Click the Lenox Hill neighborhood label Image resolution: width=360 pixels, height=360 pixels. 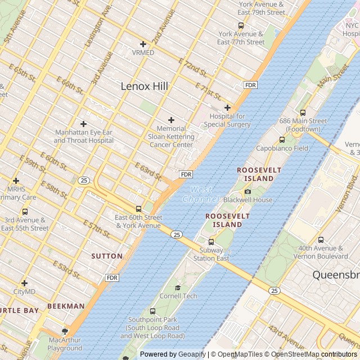tap(145, 86)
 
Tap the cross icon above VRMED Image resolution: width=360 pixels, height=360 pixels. tap(143, 44)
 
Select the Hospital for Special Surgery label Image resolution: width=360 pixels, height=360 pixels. tap(227, 120)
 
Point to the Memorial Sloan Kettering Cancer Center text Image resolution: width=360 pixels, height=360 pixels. tap(172, 137)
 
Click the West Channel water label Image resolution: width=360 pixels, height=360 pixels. tap(201, 195)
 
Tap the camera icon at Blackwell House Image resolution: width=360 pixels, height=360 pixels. tap(247, 191)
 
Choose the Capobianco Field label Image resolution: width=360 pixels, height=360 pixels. tap(282, 148)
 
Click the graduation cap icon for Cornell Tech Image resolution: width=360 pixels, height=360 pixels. tap(178, 287)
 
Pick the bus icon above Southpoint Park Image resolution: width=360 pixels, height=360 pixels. tap(152, 311)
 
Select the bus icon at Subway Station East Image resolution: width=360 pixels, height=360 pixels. tap(211, 242)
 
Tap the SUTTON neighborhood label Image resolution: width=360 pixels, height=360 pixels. tap(107, 256)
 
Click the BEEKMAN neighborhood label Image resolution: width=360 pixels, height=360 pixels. tap(66, 306)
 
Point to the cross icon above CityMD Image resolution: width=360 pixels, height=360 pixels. tap(24, 283)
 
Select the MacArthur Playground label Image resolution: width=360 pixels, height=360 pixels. tap(65, 344)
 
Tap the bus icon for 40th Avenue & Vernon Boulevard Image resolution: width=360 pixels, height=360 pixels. tap(321, 240)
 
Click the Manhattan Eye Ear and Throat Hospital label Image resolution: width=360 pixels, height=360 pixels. tap(84, 136)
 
